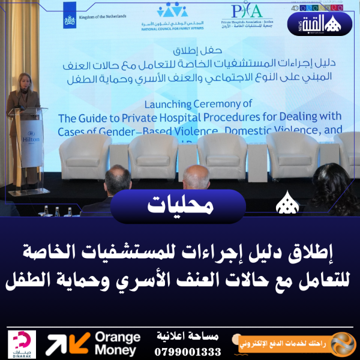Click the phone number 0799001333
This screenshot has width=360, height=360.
188,351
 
